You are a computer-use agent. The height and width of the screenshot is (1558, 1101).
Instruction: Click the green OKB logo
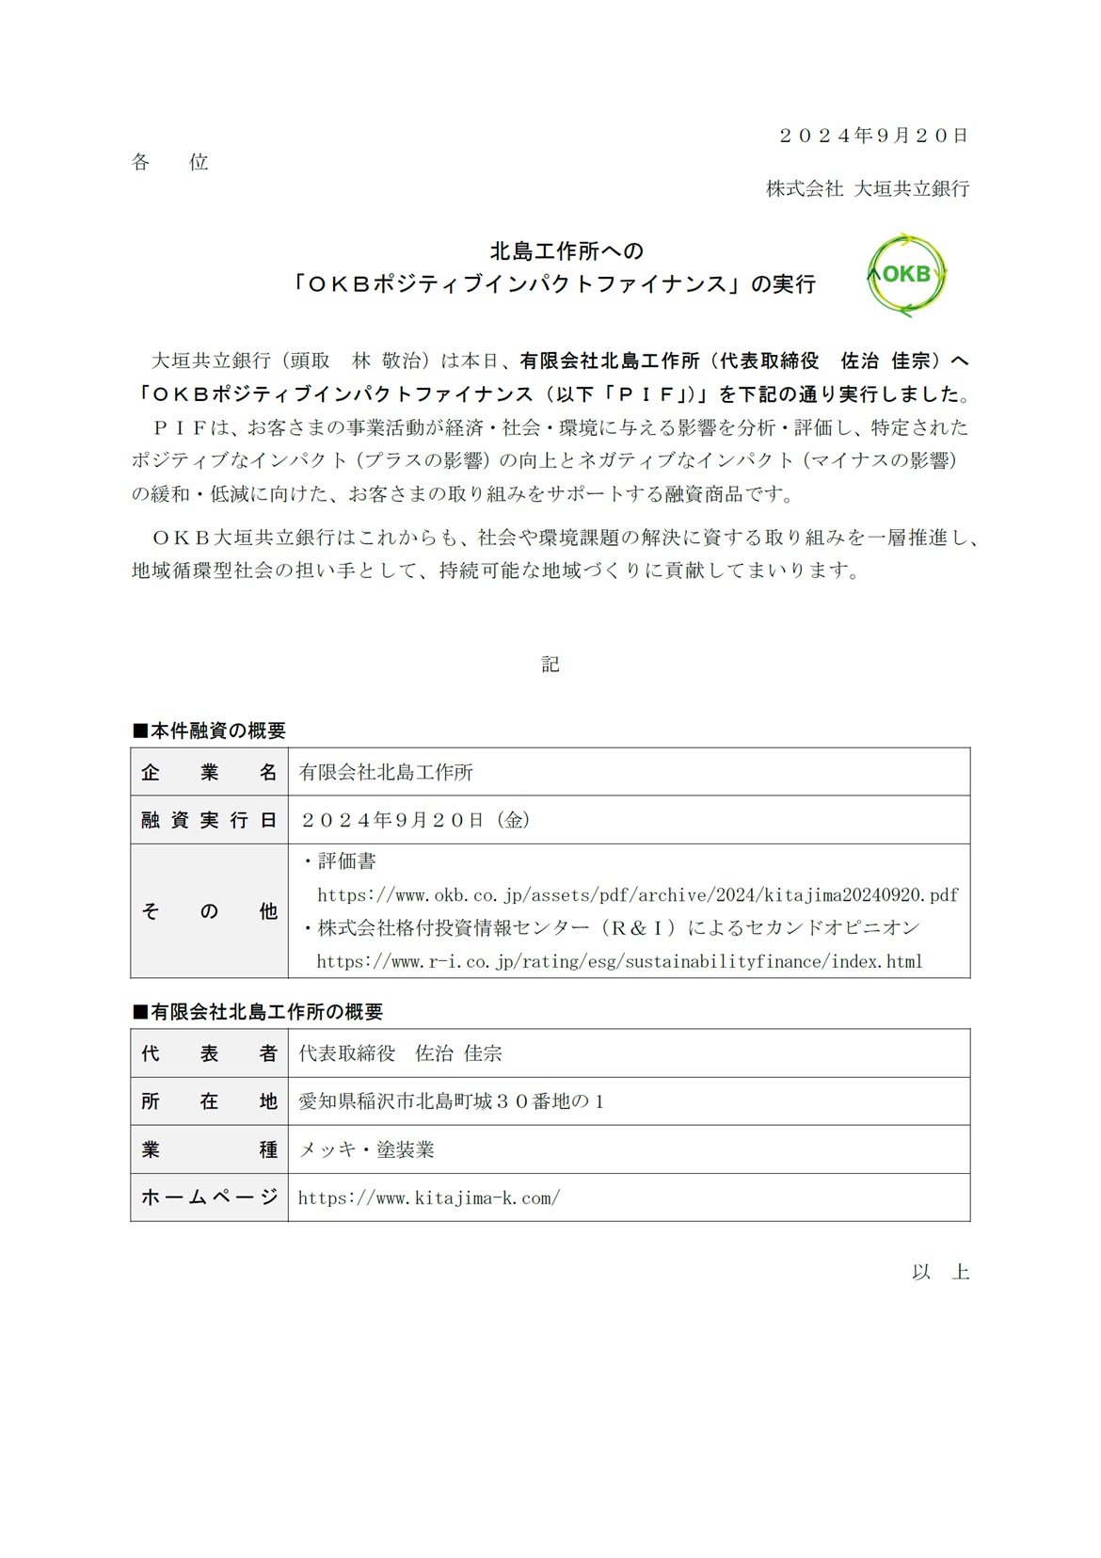tap(906, 274)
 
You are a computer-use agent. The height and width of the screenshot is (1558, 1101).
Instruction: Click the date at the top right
tap(872, 136)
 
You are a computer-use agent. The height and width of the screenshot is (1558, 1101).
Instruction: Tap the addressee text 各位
tap(169, 163)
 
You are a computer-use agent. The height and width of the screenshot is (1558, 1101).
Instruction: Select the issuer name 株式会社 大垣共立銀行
tap(867, 188)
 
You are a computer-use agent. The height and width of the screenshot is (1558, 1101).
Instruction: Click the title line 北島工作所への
tap(566, 250)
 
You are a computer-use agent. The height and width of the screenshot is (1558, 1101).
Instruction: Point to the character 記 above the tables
tap(550, 665)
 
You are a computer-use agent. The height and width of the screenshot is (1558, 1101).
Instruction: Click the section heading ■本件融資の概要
tap(208, 731)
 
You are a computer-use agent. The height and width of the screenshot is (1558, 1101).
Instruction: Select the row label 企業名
tap(209, 773)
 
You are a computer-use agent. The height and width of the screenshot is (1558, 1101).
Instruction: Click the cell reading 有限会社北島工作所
tap(386, 773)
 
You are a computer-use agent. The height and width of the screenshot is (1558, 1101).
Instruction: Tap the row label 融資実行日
tap(209, 820)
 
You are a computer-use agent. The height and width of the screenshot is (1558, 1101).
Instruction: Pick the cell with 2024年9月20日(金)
tap(415, 820)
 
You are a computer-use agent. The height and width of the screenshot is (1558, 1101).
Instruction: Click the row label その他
tap(209, 911)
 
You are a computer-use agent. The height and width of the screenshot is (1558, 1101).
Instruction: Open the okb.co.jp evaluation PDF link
tap(637, 894)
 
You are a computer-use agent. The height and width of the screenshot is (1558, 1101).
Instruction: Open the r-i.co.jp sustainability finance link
tap(619, 962)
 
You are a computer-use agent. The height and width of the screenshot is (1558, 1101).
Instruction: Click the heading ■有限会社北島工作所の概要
tap(257, 1012)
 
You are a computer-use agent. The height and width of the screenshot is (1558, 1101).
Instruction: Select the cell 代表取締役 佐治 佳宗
tap(400, 1053)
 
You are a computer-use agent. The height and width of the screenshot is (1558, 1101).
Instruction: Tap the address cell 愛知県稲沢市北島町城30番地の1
tap(451, 1101)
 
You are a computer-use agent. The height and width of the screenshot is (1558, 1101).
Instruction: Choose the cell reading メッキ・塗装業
tap(366, 1149)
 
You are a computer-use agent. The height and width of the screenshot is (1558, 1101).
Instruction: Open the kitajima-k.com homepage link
tap(428, 1198)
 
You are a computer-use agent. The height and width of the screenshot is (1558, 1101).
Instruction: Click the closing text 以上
tap(940, 1273)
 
